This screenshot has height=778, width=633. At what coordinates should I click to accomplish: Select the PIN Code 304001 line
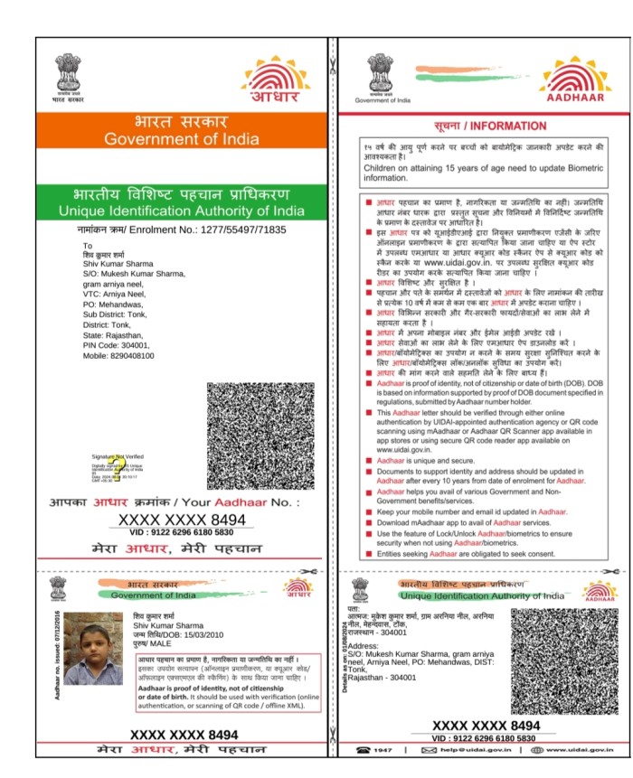click(113, 345)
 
